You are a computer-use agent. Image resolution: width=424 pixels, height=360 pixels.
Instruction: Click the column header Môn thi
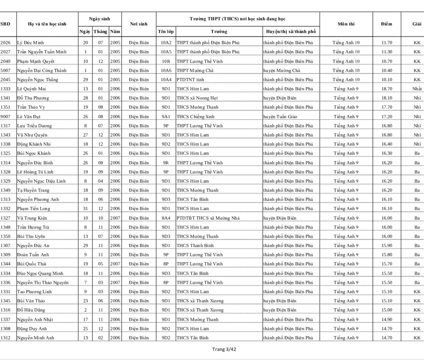tap(346, 24)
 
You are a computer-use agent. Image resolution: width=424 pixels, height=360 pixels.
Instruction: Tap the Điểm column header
tap(386, 24)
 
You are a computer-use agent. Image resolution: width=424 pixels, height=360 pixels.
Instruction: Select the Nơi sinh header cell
tap(138, 24)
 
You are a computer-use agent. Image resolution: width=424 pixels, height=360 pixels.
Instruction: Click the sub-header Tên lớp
tap(166, 31)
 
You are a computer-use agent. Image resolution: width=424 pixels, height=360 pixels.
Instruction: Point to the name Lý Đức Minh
tap(30, 43)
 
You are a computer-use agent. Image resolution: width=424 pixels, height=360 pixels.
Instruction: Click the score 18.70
tap(387, 89)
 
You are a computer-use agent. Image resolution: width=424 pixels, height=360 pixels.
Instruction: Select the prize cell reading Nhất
tap(417, 89)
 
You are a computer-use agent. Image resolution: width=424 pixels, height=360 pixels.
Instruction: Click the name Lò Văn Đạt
tap(29, 117)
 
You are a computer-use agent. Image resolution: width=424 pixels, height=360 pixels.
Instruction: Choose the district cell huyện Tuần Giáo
tap(280, 117)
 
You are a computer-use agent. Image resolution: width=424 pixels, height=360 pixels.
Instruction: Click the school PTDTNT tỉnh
tap(190, 79)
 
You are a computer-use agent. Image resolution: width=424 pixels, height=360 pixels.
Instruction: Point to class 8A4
tap(166, 218)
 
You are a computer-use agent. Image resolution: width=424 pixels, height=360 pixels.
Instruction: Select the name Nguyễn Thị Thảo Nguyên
tap(43, 283)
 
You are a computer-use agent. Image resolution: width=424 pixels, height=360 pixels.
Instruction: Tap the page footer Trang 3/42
tap(224, 349)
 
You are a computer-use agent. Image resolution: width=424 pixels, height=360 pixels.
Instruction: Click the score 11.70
tap(387, 43)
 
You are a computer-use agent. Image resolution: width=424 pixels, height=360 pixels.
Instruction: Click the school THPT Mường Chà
tap(195, 71)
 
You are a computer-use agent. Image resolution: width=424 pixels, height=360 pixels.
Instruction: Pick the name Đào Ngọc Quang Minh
tap(40, 273)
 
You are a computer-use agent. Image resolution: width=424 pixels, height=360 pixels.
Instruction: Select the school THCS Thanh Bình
tap(195, 245)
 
